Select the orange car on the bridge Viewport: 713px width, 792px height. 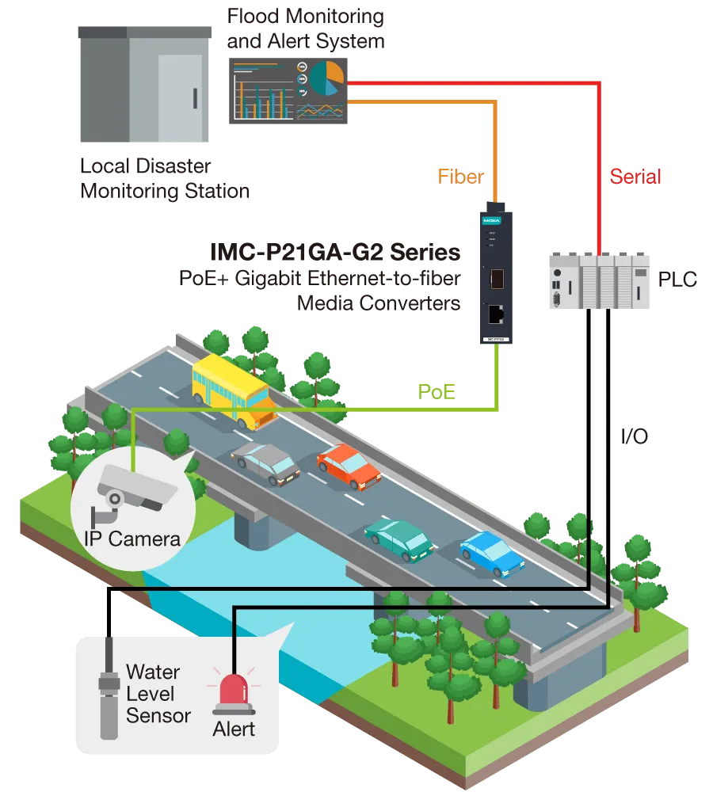tap(349, 466)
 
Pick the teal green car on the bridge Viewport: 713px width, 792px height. tap(398, 540)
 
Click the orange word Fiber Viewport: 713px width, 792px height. tap(460, 176)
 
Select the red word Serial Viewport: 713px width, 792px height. tap(634, 176)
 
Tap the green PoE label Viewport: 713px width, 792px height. tap(437, 390)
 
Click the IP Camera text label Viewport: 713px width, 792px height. tap(132, 539)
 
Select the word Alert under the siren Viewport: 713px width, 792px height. tap(234, 728)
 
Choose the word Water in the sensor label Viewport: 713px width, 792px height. tap(153, 672)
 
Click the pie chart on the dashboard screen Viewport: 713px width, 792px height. tap(326, 78)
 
